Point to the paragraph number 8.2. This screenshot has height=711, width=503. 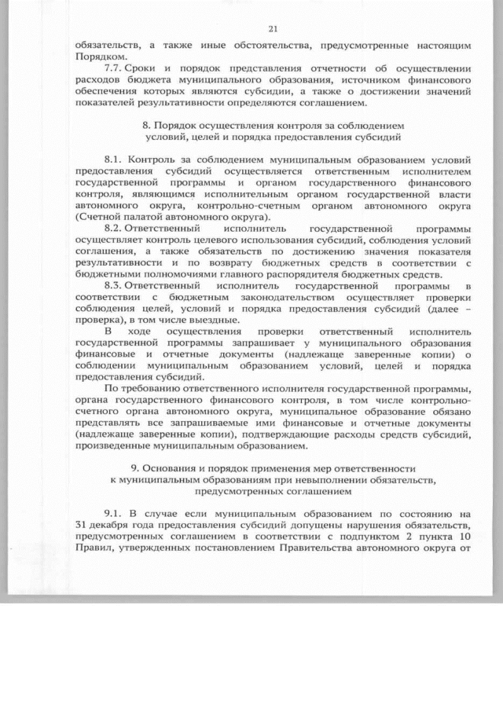(x=114, y=223)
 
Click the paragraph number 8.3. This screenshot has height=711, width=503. (x=114, y=286)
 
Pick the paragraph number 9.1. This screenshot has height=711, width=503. (x=114, y=513)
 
